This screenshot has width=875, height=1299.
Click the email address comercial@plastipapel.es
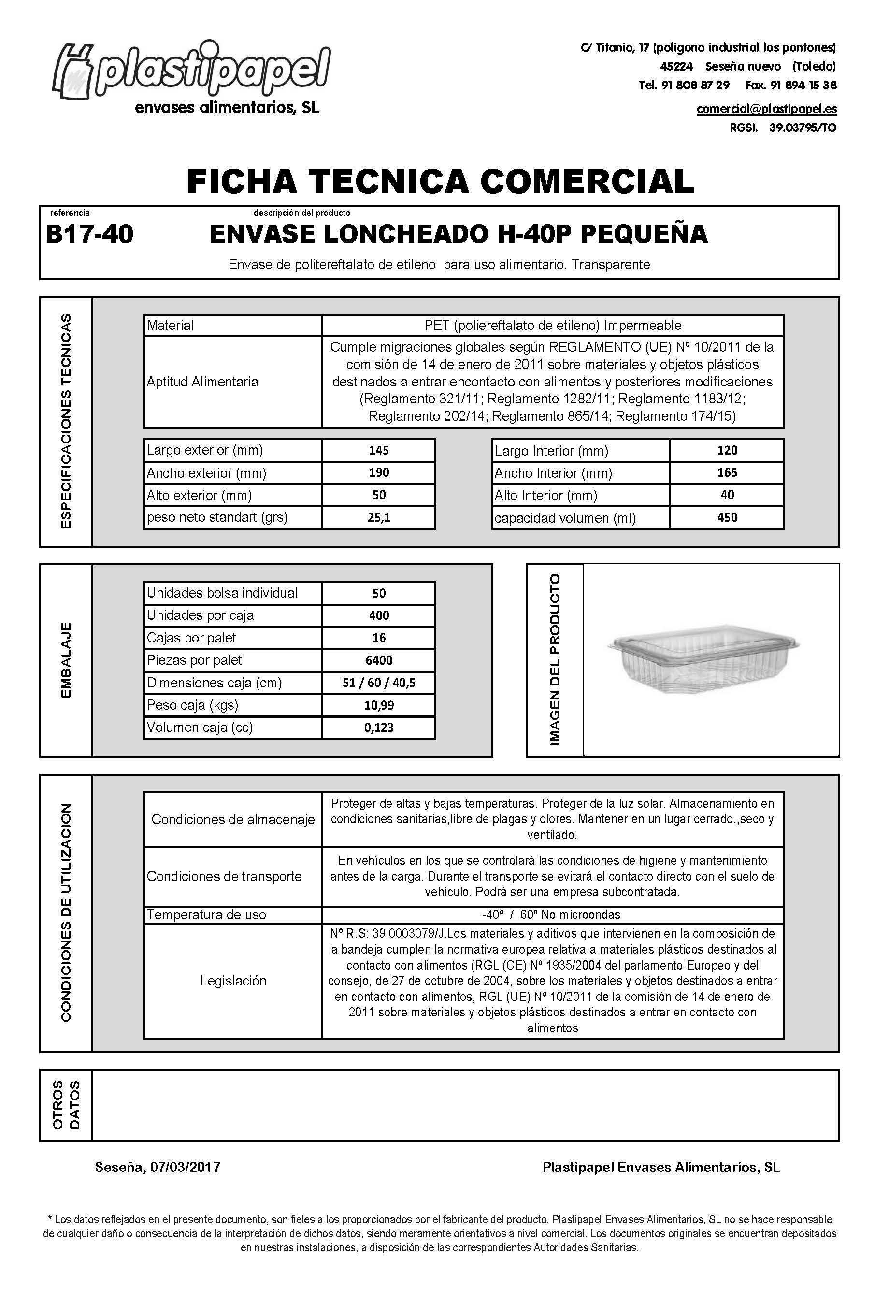pyautogui.click(x=766, y=109)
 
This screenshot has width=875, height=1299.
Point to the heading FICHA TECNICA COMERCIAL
pyautogui.click(x=440, y=181)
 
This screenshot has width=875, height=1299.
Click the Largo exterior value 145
pyautogui.click(x=378, y=450)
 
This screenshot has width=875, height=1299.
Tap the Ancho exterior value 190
pyautogui.click(x=378, y=472)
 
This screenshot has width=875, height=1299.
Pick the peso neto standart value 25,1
pyautogui.click(x=378, y=517)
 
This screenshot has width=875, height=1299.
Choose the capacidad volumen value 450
pyautogui.click(x=727, y=517)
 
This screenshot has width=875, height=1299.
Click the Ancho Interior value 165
pyautogui.click(x=727, y=472)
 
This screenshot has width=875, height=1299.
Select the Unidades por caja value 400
pyautogui.click(x=378, y=615)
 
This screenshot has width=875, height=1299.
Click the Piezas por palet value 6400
pyautogui.click(x=378, y=660)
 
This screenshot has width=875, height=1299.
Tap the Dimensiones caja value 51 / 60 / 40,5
pyautogui.click(x=378, y=683)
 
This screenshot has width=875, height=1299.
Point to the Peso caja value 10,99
pyautogui.click(x=378, y=705)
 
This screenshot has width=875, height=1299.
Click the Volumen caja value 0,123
pyautogui.click(x=378, y=728)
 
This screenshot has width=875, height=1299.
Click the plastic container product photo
pyautogui.click(x=704, y=658)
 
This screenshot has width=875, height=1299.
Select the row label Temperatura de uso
pyautogui.click(x=206, y=914)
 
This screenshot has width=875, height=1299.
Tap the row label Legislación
pyautogui.click(x=233, y=980)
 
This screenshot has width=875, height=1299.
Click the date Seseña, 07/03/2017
pyautogui.click(x=158, y=1167)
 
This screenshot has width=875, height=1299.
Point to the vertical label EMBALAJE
pyautogui.click(x=66, y=660)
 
